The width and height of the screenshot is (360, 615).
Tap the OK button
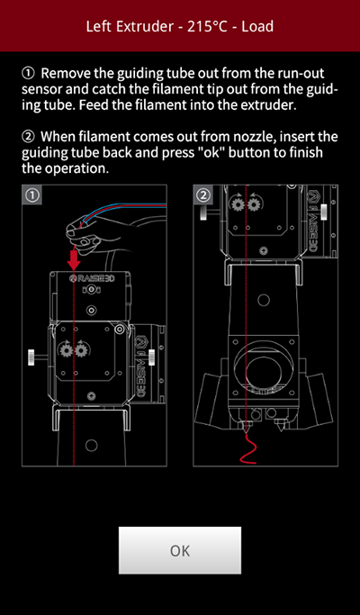pos(180,550)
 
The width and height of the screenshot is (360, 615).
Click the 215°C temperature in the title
pos(208,27)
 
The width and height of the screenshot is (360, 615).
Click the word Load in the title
pos(257,27)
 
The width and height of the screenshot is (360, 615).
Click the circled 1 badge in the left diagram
pos(32,195)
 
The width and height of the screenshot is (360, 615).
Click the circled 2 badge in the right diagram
pos(203,194)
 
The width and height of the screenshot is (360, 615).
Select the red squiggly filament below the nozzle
pos(247,448)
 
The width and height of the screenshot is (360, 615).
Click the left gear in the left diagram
pos(65,349)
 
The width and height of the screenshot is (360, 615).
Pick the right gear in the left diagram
pos(80,349)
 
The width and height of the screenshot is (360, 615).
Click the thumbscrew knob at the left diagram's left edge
pos(31,357)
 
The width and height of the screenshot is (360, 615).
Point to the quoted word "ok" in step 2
pos(213,152)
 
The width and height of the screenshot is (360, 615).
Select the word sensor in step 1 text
pos(40,90)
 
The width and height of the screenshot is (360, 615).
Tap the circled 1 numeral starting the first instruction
pos(28,73)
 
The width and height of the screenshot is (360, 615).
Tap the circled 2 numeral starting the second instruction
pos(28,137)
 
